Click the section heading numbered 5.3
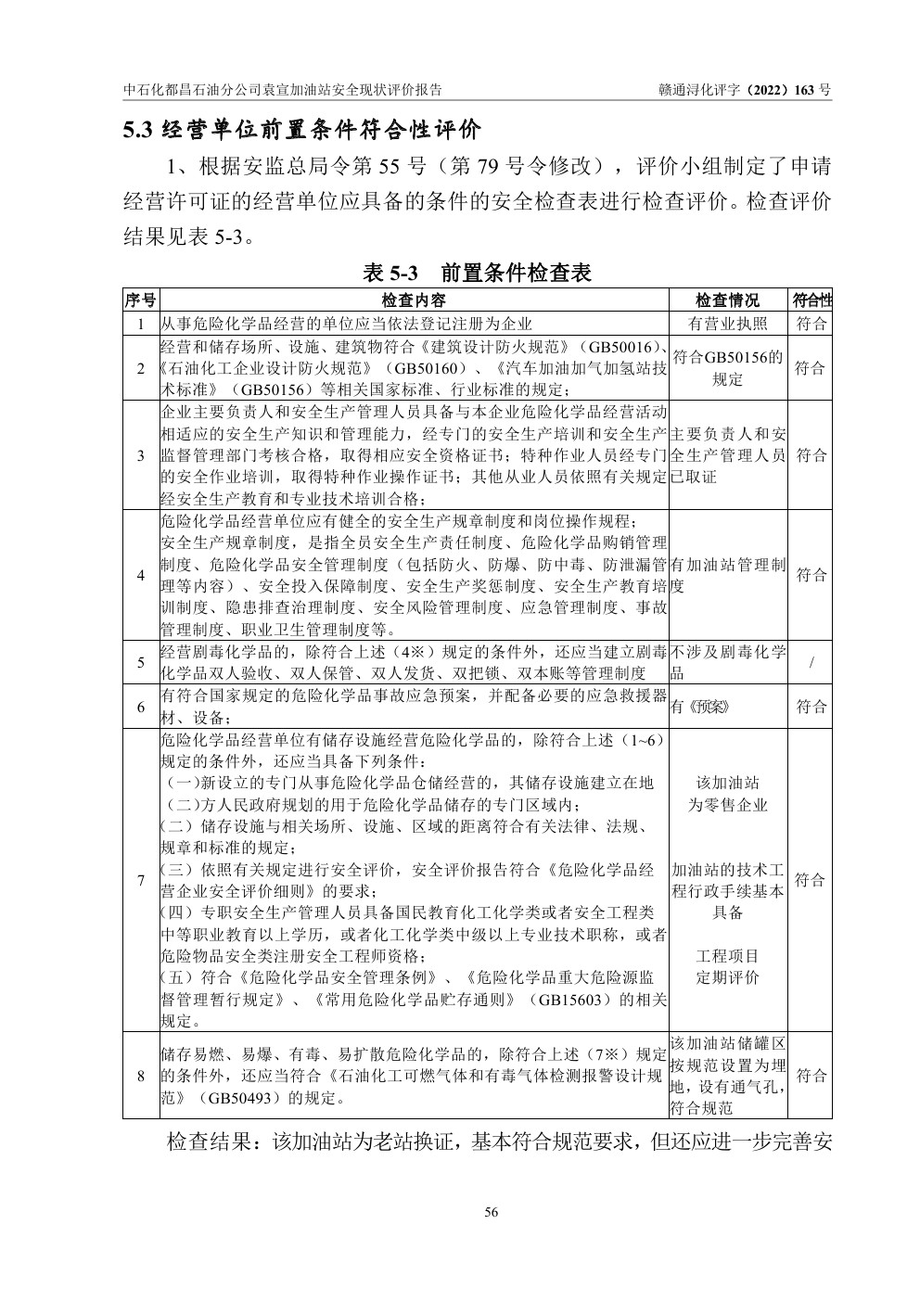(x=302, y=130)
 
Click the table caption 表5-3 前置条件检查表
(x=478, y=273)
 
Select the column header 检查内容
(x=414, y=300)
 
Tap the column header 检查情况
(x=727, y=300)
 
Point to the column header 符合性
(x=811, y=300)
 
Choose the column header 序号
(x=141, y=300)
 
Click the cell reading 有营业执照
(x=727, y=324)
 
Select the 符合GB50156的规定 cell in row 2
(x=727, y=368)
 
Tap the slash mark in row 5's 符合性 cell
(x=811, y=662)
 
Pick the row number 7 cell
(x=141, y=880)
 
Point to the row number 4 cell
(x=141, y=575)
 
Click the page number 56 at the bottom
(x=492, y=1212)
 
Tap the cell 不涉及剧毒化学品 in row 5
(x=727, y=662)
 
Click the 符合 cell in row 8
(x=811, y=1076)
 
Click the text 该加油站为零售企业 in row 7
(x=727, y=794)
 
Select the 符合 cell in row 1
(x=811, y=324)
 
